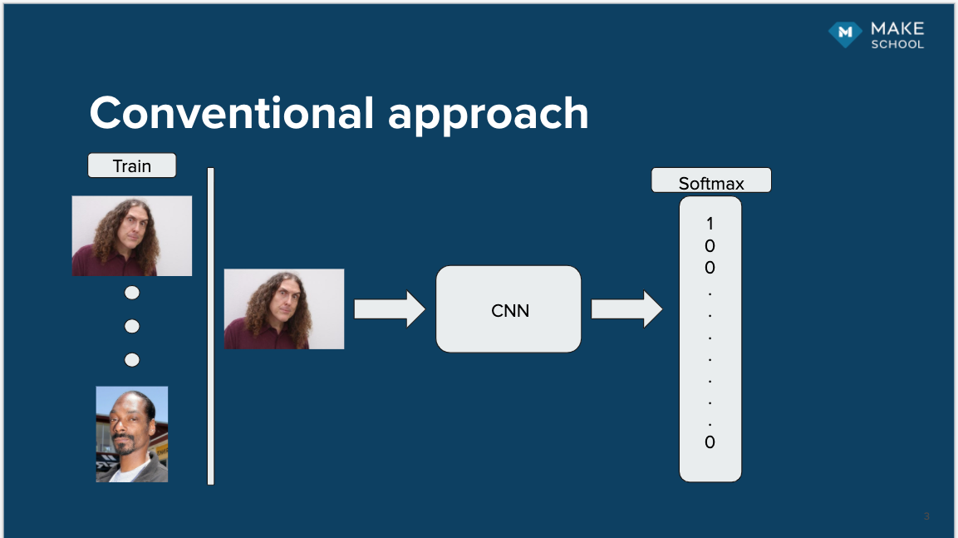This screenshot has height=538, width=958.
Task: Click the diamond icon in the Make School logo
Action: click(x=845, y=33)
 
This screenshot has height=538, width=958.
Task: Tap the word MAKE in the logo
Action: click(x=897, y=29)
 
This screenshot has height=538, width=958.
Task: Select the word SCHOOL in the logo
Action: click(x=897, y=44)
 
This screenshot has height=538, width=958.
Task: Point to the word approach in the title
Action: click(x=488, y=115)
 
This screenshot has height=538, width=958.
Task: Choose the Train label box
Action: click(x=132, y=165)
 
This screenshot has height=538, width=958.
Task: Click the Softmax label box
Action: click(x=711, y=181)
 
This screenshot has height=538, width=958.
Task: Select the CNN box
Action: click(x=508, y=309)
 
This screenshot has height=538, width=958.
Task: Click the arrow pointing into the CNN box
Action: click(x=389, y=309)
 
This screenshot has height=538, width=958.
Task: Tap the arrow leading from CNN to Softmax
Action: click(x=626, y=309)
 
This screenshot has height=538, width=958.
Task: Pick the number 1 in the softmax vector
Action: click(x=710, y=224)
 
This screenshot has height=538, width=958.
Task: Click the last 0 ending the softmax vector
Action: click(x=710, y=442)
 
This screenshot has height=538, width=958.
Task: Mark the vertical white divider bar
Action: click(x=211, y=326)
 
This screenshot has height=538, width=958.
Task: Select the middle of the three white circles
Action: click(x=131, y=326)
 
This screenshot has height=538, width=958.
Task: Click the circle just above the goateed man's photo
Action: click(x=131, y=360)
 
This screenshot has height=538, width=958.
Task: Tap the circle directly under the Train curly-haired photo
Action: click(x=131, y=293)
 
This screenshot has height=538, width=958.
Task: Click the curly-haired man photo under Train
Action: click(x=132, y=235)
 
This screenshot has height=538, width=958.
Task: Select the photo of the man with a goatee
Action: click(x=131, y=434)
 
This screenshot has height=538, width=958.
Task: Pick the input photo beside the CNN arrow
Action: click(x=283, y=308)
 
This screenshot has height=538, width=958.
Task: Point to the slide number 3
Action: click(x=926, y=517)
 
